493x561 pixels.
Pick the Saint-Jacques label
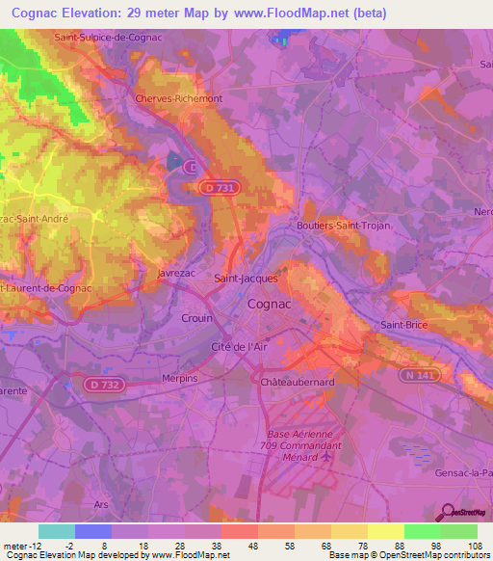click(x=246, y=279)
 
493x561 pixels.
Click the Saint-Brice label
click(x=405, y=325)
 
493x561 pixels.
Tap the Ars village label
click(x=100, y=503)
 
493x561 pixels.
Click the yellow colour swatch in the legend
click(x=386, y=531)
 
